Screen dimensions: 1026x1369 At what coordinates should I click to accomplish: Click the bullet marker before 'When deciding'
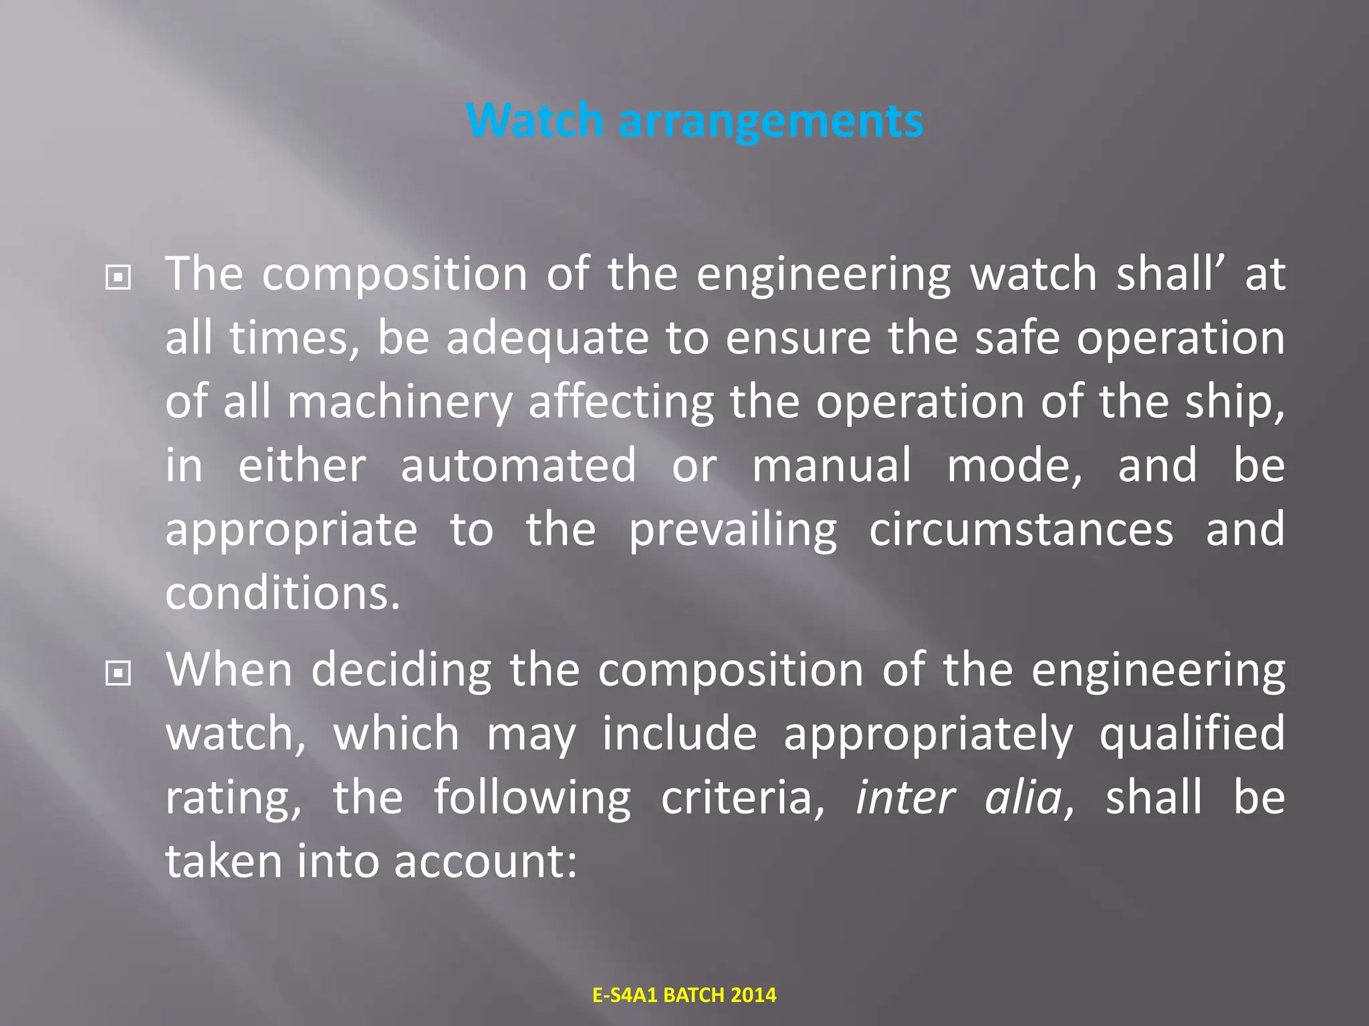(118, 673)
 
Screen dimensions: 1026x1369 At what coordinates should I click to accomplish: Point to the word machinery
(399, 403)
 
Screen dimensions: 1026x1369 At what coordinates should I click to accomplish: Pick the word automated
(518, 466)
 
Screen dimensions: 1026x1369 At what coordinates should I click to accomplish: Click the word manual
(832, 466)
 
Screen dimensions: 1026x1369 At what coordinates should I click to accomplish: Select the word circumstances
(1021, 530)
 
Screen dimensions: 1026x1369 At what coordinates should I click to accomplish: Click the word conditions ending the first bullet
(282, 593)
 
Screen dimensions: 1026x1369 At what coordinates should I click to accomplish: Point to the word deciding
(401, 671)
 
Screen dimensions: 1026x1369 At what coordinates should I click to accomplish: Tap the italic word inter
(906, 798)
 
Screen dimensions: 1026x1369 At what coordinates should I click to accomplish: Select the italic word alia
(1023, 798)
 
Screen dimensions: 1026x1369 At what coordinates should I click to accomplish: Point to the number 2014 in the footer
(753, 995)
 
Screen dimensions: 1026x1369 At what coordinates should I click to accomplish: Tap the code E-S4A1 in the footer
(625, 995)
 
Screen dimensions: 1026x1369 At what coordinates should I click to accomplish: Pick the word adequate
(547, 339)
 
